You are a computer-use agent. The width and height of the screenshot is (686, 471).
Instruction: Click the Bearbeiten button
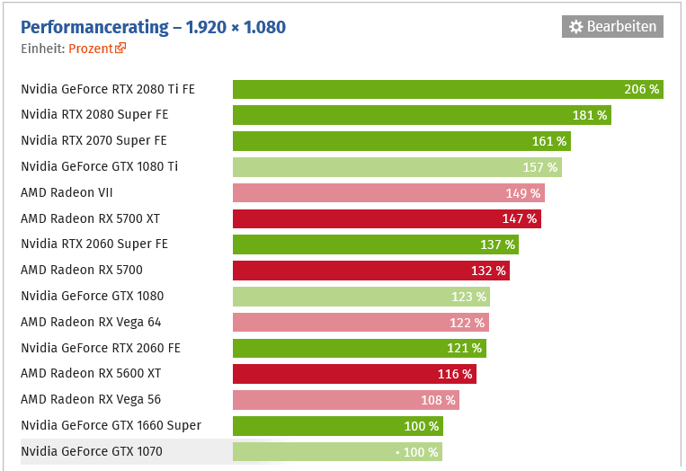coord(612,27)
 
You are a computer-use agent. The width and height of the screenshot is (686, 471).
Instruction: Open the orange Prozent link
coord(92,49)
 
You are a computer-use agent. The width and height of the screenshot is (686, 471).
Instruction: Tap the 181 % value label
coord(590,115)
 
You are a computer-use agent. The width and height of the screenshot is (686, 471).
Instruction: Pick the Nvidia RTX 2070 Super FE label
coord(94,140)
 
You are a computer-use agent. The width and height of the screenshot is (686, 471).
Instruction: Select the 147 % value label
coord(519,218)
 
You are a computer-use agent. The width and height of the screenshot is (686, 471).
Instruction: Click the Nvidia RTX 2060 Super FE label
coord(94,244)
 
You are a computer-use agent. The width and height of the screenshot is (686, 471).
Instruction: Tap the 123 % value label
coord(468,297)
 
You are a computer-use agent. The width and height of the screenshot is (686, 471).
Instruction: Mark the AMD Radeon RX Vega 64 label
coord(91,322)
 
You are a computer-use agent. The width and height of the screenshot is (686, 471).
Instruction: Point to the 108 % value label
coord(438,400)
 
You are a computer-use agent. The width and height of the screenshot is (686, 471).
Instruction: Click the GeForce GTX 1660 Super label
coord(111,425)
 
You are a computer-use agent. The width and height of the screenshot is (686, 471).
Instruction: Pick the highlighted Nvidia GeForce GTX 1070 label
coord(92,451)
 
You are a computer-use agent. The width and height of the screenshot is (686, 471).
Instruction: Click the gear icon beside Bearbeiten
coord(576,27)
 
